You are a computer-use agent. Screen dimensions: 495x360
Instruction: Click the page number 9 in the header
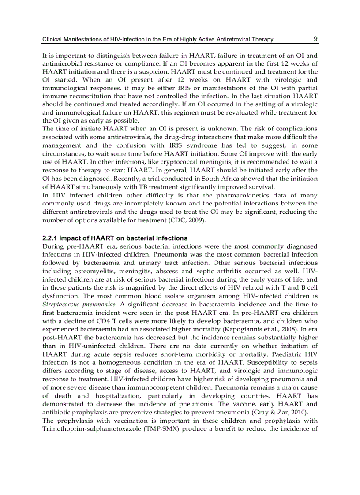tap(315, 39)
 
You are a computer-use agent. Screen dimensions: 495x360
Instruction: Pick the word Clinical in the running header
tap(52, 40)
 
